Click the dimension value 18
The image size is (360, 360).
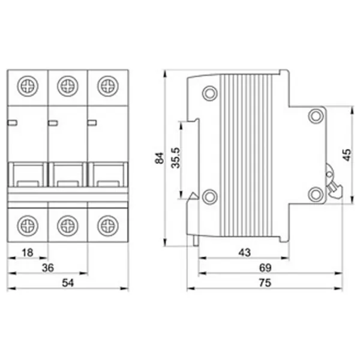coord(28,253)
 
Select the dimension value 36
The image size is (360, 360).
coord(48,268)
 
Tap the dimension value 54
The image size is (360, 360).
coord(68,283)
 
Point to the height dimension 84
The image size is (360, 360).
coord(160,158)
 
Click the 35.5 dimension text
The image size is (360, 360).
coord(176,158)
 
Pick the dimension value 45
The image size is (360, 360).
coord(347,155)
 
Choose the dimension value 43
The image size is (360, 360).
coord(245,253)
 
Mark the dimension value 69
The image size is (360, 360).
coord(265,268)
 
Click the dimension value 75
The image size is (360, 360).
coord(265,283)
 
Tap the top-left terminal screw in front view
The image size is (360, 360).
coord(28,86)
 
